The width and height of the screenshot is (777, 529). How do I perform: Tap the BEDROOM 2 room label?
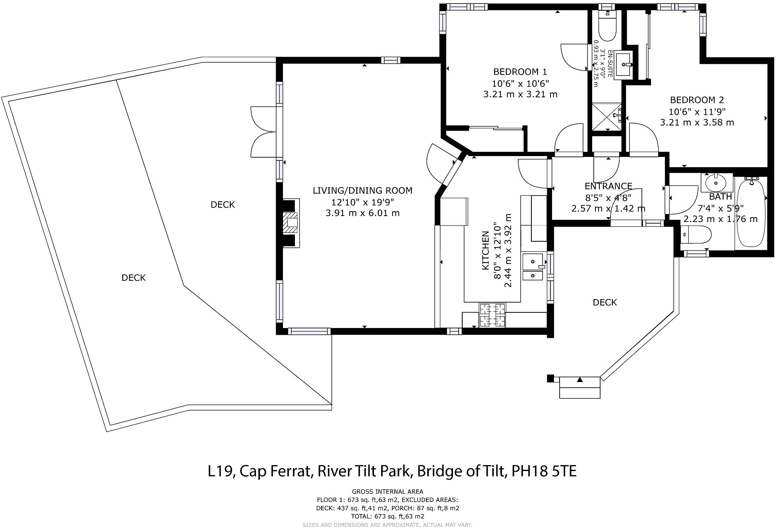[x=697, y=100]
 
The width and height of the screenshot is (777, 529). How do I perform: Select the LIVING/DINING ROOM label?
[x=362, y=191]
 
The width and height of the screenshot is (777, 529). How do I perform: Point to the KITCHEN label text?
[x=485, y=251]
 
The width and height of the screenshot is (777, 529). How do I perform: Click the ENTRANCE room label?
[x=608, y=186]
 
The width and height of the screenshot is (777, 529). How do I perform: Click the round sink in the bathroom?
[x=716, y=183]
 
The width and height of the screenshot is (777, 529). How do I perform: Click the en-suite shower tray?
[x=607, y=117]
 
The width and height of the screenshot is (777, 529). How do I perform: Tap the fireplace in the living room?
[x=291, y=223]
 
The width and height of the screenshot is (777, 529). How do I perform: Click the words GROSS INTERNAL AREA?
[x=388, y=492]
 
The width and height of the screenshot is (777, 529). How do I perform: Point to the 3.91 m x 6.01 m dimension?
[x=362, y=213]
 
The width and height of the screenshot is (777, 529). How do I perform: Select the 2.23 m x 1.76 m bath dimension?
[x=721, y=219]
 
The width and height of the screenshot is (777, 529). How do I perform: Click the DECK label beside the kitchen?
[x=605, y=303]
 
